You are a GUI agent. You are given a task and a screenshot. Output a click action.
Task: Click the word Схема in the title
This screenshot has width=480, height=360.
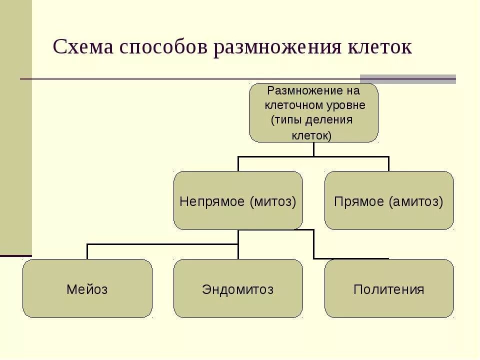pyautogui.click(x=83, y=47)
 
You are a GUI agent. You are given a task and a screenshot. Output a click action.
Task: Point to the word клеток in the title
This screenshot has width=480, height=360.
pyautogui.click(x=379, y=47)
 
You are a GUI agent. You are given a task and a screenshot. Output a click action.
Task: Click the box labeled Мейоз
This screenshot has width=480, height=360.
pyautogui.click(x=87, y=288)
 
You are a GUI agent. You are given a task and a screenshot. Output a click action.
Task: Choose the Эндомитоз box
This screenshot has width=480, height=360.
pyautogui.click(x=238, y=288)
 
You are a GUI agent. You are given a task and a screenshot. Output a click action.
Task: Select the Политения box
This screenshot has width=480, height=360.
pyautogui.click(x=389, y=288)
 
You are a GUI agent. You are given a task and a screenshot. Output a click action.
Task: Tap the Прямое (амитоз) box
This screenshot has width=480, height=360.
pyautogui.click(x=389, y=201)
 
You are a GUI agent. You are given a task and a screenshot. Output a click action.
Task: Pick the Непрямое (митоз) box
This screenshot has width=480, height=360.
pyautogui.click(x=238, y=201)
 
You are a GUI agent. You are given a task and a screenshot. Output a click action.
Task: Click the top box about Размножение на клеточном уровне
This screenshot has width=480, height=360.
pyautogui.click(x=313, y=112)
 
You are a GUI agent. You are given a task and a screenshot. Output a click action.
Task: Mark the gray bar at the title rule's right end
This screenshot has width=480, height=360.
pyautogui.click(x=408, y=79)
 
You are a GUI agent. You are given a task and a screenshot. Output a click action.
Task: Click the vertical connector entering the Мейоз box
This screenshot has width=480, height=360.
pyautogui.click(x=87, y=251)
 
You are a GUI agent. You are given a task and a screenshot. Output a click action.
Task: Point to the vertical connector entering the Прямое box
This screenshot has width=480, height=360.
pyautogui.click(x=388, y=164)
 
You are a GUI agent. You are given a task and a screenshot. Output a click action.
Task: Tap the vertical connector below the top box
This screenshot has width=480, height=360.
pyautogui.click(x=313, y=149)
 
